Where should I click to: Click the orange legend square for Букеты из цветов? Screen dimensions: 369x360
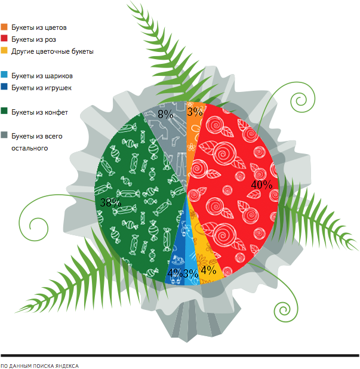[x=5, y=27]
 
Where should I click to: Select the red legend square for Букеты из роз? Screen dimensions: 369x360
[x=5, y=39]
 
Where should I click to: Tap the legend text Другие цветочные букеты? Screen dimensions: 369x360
[x=53, y=51]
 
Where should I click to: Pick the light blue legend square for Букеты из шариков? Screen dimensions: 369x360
[x=5, y=76]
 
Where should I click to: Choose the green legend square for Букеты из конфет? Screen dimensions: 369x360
[x=5, y=112]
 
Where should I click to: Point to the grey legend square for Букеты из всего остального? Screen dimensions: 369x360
[x=5, y=136]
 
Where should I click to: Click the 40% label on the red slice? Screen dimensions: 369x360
[x=261, y=185]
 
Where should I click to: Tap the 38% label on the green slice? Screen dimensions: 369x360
[x=110, y=203]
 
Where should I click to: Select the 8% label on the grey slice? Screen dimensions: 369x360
[x=165, y=113]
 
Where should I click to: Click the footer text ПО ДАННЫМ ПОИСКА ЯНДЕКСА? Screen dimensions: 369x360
[x=39, y=365]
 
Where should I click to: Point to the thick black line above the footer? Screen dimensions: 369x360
[x=179, y=355]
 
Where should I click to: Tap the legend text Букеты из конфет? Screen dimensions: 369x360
[x=39, y=112]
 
